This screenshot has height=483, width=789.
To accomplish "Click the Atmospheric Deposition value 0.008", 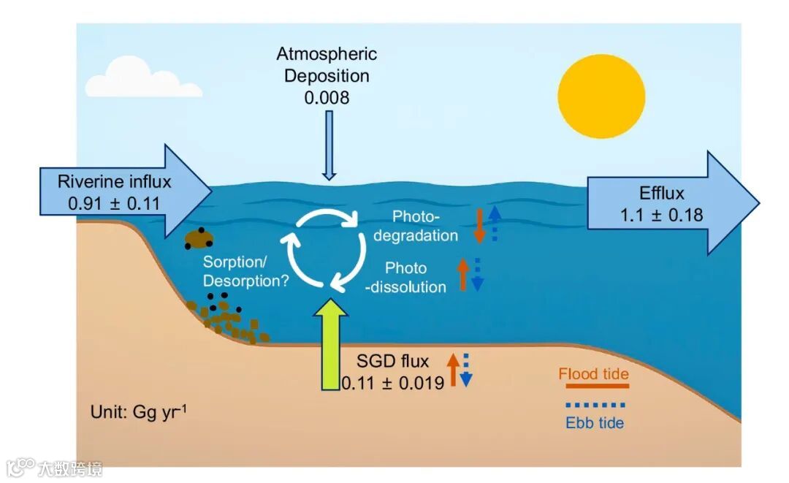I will click(x=327, y=96).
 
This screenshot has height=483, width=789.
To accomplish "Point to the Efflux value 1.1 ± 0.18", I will click(x=662, y=215).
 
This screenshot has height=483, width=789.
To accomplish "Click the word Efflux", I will click(x=662, y=194).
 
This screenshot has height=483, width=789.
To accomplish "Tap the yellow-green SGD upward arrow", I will click(x=333, y=346).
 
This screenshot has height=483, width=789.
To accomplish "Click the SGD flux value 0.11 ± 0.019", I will click(x=393, y=381).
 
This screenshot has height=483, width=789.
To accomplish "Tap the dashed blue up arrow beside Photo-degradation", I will click(x=495, y=222).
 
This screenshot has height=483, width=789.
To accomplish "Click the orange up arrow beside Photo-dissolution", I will click(x=462, y=275).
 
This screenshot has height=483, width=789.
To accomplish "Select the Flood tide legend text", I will click(x=593, y=374).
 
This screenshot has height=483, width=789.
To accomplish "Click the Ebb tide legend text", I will click(x=595, y=422).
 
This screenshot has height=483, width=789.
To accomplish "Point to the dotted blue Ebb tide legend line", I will click(x=595, y=404).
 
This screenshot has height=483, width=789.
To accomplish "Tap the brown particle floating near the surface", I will click(x=199, y=237).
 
